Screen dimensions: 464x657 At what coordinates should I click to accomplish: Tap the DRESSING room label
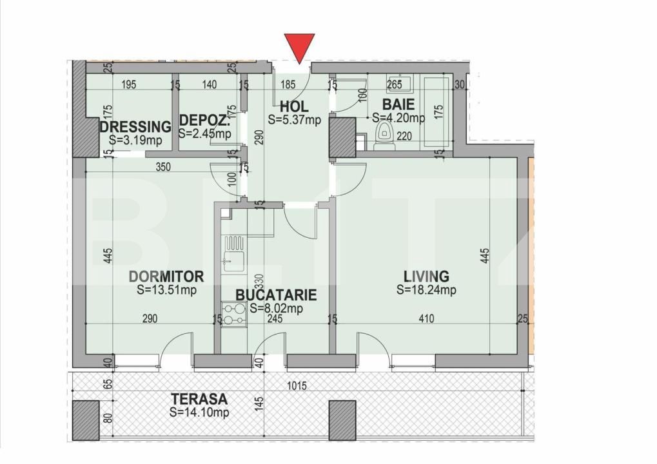135,126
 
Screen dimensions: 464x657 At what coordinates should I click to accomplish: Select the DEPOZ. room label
204,121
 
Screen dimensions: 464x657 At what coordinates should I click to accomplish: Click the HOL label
294,106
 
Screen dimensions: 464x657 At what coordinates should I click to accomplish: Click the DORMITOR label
166,277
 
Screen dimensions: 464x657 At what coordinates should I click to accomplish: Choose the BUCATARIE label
276,295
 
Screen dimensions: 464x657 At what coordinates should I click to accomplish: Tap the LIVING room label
426,277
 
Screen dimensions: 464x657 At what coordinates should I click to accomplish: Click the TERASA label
199,400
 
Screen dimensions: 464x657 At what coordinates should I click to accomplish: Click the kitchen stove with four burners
232,314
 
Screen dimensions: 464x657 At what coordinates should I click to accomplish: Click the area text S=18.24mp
426,290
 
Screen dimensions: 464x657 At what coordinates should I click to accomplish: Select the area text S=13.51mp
166,290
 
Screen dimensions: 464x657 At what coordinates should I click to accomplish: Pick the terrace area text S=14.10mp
199,412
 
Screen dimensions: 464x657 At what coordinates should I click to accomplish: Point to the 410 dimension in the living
426,318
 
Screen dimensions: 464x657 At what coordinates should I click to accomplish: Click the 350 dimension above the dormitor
162,167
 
